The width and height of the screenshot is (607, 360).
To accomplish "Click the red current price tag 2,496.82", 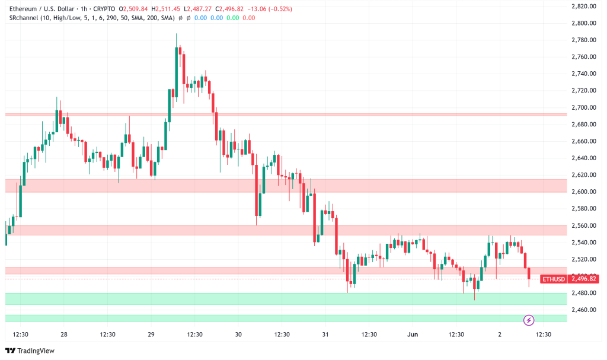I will [x=583, y=279].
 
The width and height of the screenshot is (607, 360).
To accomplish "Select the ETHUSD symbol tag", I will [x=554, y=279].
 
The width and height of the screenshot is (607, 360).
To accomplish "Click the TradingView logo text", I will [x=36, y=351].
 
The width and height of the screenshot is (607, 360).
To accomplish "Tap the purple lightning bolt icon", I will [x=529, y=320].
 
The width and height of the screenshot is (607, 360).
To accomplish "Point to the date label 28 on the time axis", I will [x=63, y=334].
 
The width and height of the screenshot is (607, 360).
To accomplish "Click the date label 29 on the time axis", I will [x=151, y=334].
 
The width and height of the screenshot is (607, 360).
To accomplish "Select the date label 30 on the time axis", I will [x=238, y=334].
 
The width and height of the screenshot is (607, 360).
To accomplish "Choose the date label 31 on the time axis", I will [x=325, y=334].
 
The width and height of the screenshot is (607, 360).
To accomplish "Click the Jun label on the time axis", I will [x=413, y=334].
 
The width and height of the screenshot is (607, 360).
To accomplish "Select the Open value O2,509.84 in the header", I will [x=133, y=9].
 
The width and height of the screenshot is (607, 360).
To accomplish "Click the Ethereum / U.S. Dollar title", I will [x=41, y=9].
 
